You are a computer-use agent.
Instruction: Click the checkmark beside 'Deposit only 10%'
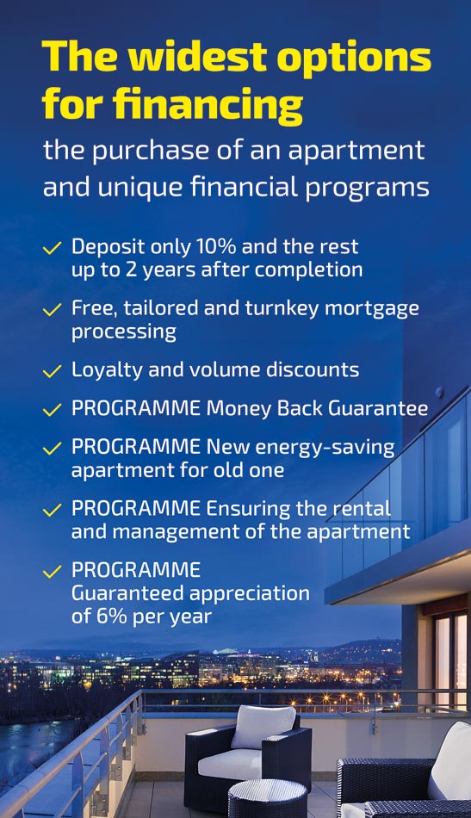coord(53,248)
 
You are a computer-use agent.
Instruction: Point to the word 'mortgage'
coord(372,309)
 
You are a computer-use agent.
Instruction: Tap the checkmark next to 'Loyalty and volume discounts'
coord(53,371)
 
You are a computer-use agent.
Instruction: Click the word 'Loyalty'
coord(107,371)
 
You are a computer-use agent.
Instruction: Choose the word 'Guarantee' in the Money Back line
coord(378,408)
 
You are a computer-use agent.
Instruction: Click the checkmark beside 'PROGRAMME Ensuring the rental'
coord(53,510)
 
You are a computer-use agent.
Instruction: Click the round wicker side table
coord(268,797)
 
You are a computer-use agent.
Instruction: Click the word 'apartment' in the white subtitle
coord(356,152)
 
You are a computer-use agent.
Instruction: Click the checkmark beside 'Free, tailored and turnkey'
coord(53,310)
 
